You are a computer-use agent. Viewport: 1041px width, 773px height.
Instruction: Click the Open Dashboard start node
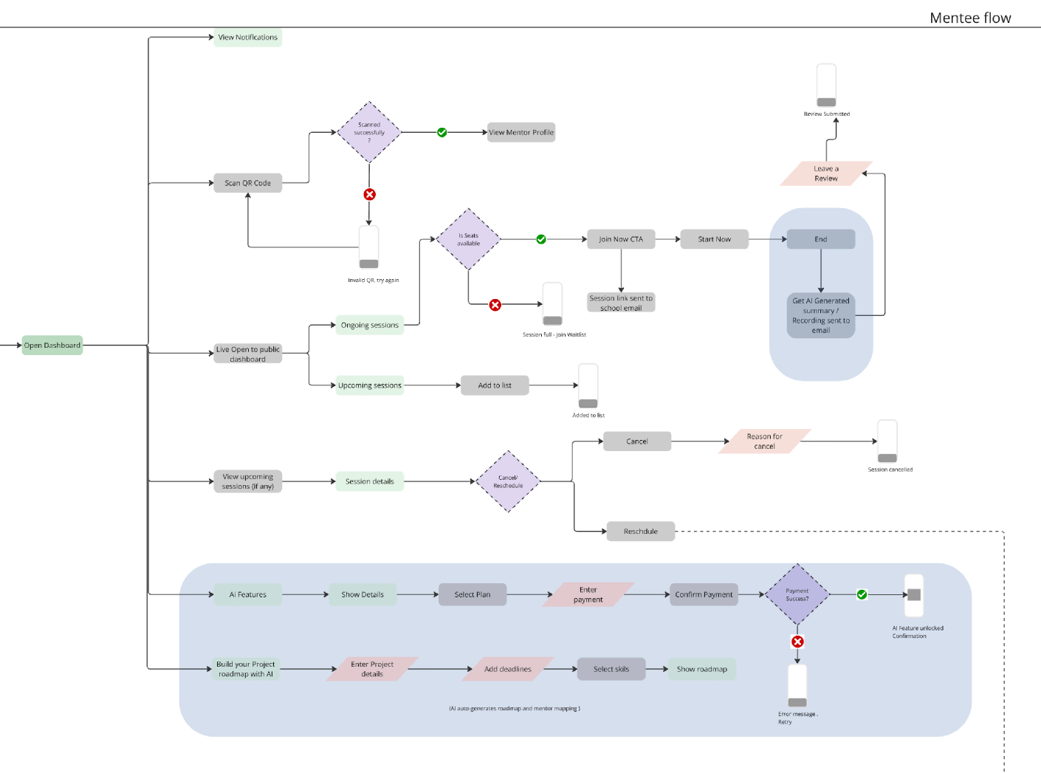52,345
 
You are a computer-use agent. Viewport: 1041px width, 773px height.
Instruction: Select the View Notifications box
247,37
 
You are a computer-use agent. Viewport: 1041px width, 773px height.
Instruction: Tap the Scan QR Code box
247,183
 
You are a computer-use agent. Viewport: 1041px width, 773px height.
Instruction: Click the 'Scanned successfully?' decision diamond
369,132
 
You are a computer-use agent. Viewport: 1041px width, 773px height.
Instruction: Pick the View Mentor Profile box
520,132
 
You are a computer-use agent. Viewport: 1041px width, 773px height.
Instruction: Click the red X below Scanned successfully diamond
369,194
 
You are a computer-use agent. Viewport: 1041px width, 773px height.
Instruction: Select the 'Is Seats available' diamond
468,239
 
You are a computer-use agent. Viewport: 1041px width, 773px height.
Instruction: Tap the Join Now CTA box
620,239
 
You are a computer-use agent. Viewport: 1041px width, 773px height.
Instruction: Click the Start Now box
714,239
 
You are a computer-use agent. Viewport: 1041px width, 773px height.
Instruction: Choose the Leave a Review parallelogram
826,174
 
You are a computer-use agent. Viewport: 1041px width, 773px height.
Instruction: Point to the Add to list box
495,385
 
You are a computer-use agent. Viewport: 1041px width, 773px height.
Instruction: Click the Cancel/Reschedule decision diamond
508,481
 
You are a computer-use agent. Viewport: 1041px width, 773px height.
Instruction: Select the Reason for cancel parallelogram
764,442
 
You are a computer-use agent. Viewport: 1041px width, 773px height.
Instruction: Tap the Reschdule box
640,532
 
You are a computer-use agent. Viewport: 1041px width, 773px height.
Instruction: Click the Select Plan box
473,594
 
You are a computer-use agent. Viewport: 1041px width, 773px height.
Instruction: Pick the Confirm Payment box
704,594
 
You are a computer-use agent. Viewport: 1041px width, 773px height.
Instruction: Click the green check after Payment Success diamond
862,594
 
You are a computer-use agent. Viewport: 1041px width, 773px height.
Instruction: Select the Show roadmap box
701,669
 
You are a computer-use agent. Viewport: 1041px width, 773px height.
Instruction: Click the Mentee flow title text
970,18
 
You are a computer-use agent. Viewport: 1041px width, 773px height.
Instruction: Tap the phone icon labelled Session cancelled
887,442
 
